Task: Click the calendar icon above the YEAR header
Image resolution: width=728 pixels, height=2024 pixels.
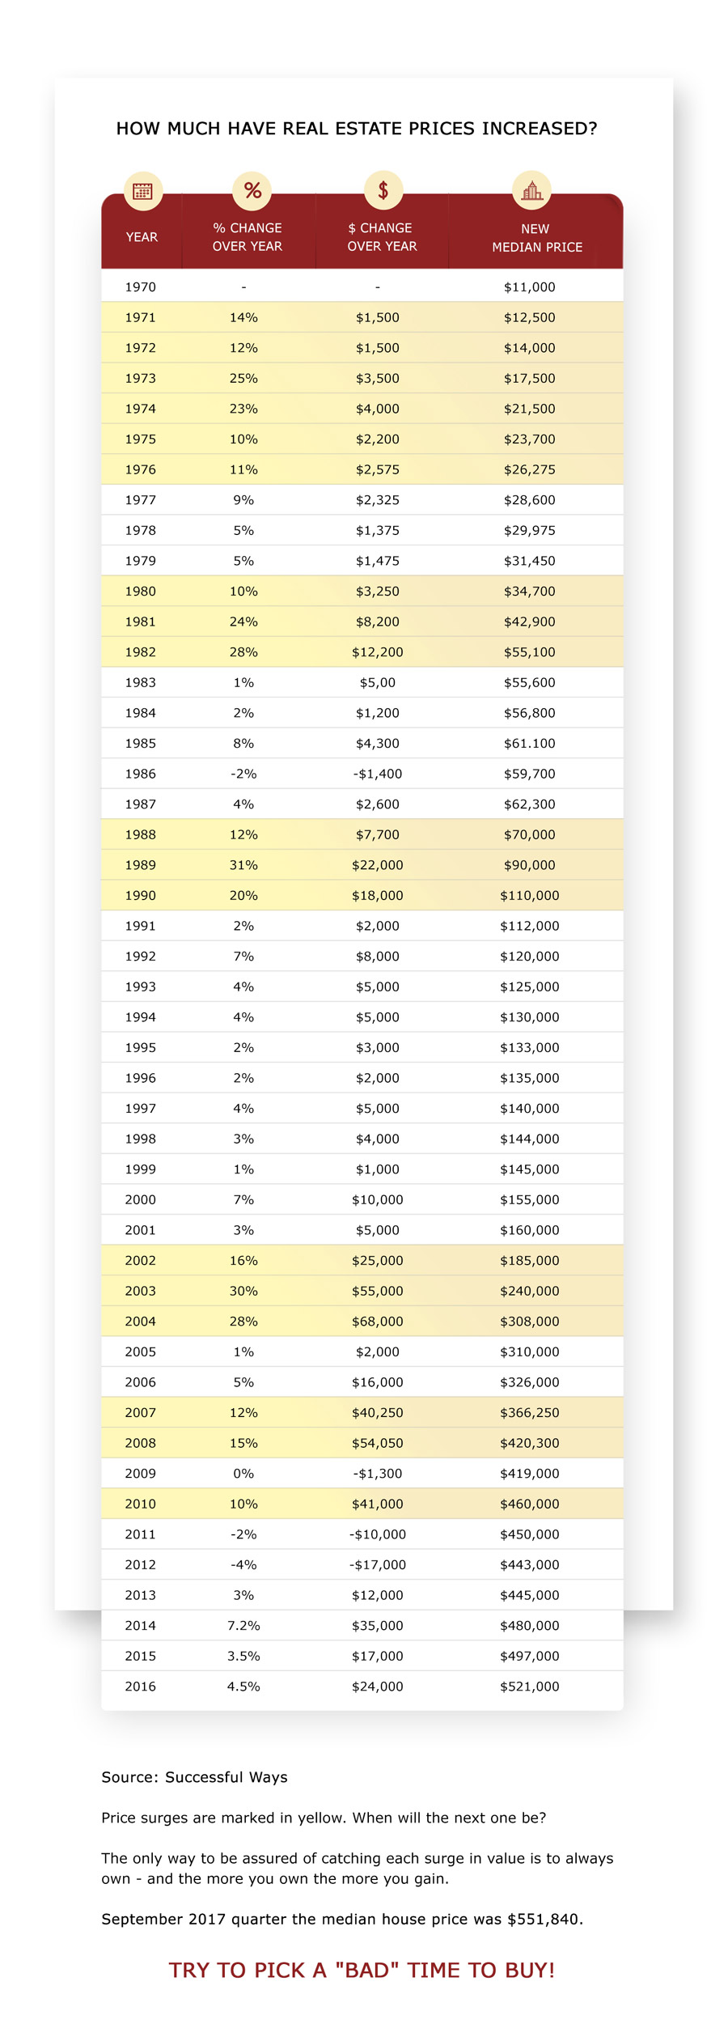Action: pyautogui.click(x=142, y=191)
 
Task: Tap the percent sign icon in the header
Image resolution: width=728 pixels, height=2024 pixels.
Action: pyautogui.click(x=252, y=191)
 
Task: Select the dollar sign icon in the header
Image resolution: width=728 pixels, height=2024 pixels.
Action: pyautogui.click(x=383, y=191)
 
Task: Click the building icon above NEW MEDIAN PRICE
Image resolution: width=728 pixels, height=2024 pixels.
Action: pyautogui.click(x=531, y=191)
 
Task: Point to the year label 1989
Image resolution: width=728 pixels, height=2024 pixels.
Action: pyautogui.click(x=140, y=865)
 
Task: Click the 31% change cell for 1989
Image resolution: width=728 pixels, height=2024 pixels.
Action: pyautogui.click(x=243, y=865)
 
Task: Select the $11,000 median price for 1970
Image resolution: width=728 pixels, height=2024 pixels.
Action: pyautogui.click(x=529, y=287)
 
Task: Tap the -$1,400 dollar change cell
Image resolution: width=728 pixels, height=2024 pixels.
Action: pyautogui.click(x=377, y=774)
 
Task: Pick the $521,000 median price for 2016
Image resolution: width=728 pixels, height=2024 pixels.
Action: pyautogui.click(x=529, y=1687)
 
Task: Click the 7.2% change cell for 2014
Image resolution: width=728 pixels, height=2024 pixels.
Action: pyautogui.click(x=243, y=1625)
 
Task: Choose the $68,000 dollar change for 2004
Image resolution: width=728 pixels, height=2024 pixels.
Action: pyautogui.click(x=377, y=1322)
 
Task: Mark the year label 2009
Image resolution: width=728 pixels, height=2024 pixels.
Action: pyautogui.click(x=140, y=1474)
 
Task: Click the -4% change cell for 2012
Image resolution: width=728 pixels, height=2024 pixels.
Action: pyautogui.click(x=243, y=1564)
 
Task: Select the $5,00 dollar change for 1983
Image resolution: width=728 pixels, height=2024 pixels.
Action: pyautogui.click(x=377, y=682)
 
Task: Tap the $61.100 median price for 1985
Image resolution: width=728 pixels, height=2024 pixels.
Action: pyautogui.click(x=529, y=743)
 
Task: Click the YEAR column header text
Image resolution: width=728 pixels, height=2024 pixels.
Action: pyautogui.click(x=142, y=237)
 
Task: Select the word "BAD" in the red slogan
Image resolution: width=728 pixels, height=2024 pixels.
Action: pyautogui.click(x=367, y=1970)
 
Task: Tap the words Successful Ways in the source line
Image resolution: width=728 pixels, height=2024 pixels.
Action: pyautogui.click(x=226, y=1777)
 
